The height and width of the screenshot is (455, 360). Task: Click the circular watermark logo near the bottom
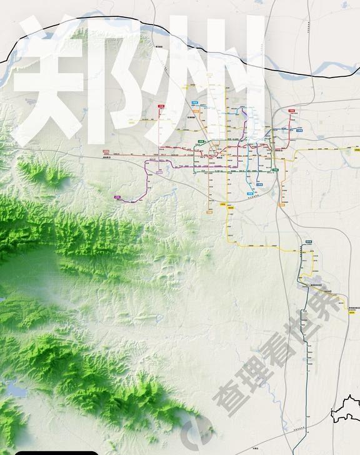click(194, 431)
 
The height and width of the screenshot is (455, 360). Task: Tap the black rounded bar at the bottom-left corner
click(56, 452)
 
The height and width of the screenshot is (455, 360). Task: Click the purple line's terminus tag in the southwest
click(117, 197)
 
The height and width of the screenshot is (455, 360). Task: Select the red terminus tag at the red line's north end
click(161, 107)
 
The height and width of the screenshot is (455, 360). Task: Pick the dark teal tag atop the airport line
click(308, 241)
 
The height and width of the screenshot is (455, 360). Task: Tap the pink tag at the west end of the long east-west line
click(106, 151)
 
